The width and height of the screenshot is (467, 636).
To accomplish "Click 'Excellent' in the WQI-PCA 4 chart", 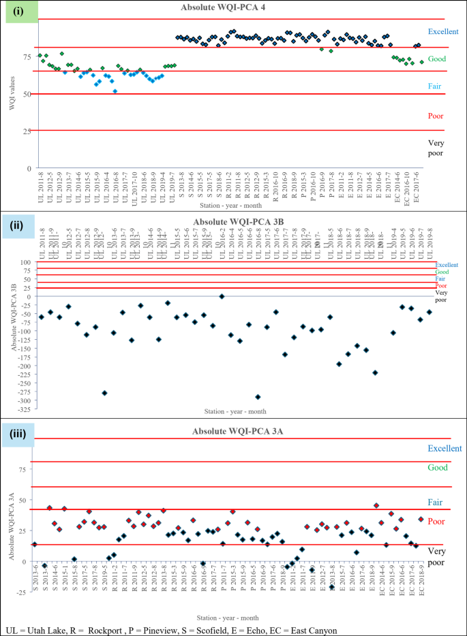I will (x=443, y=31).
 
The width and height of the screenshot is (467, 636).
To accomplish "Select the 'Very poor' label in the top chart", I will (x=436, y=148).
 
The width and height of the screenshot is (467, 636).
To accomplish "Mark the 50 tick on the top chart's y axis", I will (x=29, y=94).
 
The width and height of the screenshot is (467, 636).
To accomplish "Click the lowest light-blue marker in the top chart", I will (x=115, y=91).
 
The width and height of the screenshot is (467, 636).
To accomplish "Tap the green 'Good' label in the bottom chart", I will (x=437, y=468).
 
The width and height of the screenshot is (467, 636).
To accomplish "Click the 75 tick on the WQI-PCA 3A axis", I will (x=31, y=469).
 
